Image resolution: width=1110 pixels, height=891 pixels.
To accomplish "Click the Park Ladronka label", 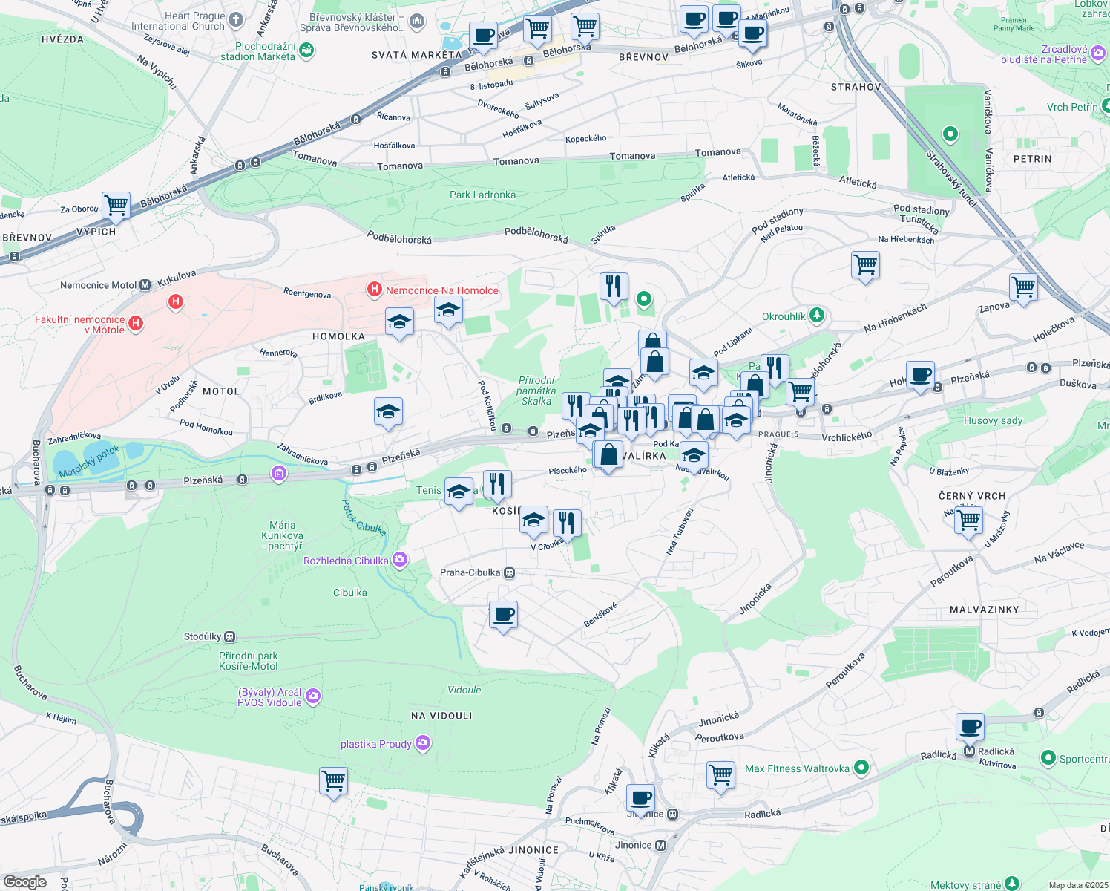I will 482,195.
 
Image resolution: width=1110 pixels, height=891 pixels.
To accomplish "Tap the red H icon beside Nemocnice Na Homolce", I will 375,290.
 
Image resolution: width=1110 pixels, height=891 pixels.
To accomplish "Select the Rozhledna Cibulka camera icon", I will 400,560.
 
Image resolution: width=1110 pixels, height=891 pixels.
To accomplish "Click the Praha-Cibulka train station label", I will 470,572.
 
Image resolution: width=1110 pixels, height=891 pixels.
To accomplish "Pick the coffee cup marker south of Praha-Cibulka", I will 503,615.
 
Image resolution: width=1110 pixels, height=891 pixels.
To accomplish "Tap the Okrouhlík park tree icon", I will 817,316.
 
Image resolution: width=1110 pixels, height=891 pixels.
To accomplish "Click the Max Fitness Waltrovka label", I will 797,768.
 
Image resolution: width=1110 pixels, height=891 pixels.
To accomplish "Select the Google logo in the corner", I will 24,881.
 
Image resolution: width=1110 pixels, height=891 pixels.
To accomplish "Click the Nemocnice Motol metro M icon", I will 145,284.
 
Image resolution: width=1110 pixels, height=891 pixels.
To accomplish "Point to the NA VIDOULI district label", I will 441,716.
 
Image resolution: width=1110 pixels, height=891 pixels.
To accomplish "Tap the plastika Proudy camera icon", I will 423,743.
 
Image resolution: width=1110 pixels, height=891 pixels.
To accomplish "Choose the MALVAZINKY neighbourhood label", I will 984,610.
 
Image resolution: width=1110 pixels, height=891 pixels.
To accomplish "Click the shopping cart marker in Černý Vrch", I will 968,520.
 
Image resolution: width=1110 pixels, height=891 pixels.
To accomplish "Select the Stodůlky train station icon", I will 230,636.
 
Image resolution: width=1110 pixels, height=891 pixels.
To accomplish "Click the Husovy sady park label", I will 993,420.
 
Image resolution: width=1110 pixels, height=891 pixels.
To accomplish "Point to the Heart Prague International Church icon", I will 236,20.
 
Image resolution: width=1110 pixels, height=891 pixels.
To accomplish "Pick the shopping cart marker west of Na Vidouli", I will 333,781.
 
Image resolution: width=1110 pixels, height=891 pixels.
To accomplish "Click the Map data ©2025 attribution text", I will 1078,885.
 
